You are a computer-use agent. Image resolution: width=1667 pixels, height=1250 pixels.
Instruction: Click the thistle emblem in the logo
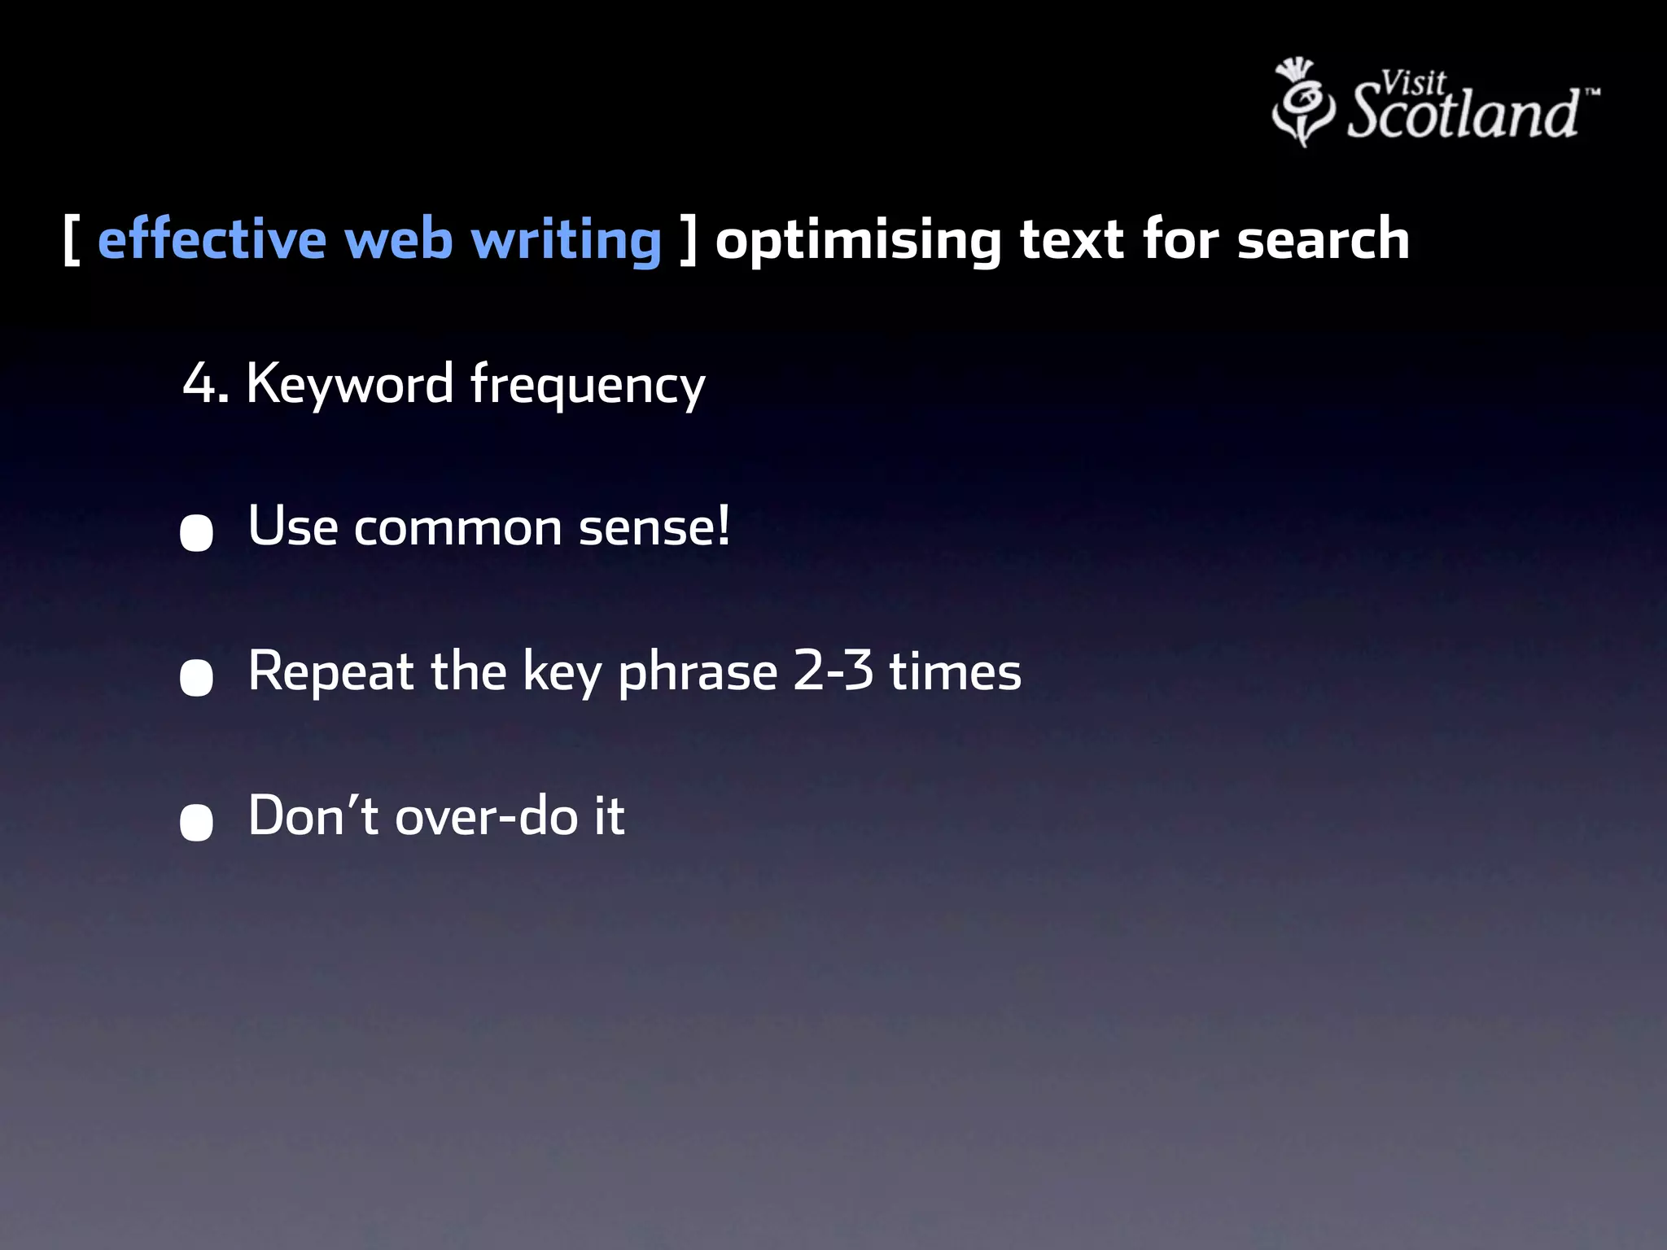click(x=1302, y=103)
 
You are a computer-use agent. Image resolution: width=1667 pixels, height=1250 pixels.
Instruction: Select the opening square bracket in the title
click(x=72, y=240)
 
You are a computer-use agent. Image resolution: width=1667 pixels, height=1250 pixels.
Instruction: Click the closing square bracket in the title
click(x=689, y=240)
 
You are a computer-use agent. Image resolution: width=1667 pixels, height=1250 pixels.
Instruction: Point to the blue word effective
click(x=212, y=240)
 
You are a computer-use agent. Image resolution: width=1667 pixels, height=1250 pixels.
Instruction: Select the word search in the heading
click(x=1323, y=240)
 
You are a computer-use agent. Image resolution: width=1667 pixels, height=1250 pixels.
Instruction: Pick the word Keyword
click(x=350, y=383)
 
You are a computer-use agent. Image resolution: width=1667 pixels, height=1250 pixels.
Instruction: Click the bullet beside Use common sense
click(x=196, y=533)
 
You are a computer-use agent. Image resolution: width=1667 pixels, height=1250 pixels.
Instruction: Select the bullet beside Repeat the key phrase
click(x=196, y=677)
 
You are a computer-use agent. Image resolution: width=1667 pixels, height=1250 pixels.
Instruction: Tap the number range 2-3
click(x=833, y=671)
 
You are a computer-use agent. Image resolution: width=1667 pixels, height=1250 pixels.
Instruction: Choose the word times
click(x=955, y=671)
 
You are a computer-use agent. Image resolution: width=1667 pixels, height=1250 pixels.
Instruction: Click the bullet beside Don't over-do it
click(x=196, y=822)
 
